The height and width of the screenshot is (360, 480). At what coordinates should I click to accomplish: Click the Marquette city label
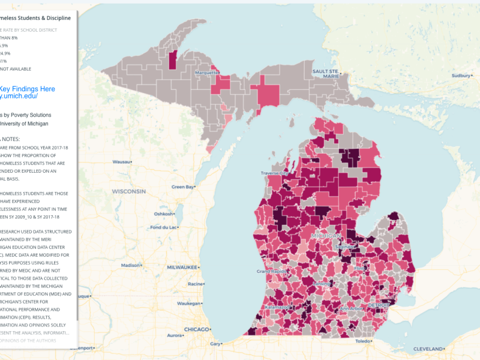coord(207,73)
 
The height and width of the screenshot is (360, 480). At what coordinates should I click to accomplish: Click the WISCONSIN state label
coord(128,191)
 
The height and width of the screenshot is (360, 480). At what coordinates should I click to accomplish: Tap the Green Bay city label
coord(183,187)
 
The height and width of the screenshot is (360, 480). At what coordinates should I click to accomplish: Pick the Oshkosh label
coord(164,214)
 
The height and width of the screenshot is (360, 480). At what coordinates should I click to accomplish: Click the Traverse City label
coord(274,173)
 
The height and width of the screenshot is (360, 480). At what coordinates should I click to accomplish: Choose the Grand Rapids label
coord(271,272)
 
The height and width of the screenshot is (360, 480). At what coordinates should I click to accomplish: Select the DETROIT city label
coord(379,305)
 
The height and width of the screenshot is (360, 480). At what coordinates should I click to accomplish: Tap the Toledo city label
coord(364,341)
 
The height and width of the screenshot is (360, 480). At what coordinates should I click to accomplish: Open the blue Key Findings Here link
coord(27,89)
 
